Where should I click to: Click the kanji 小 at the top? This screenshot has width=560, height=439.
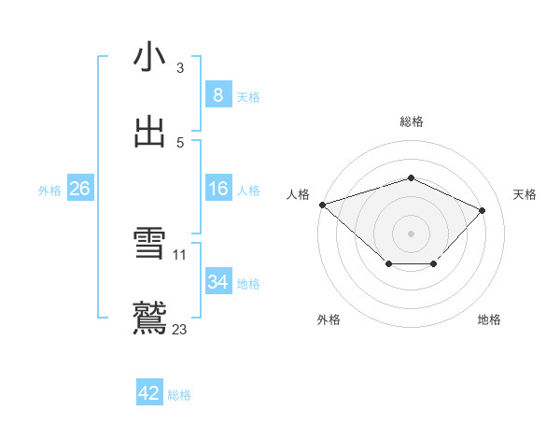[149, 57]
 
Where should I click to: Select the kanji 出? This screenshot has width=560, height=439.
[149, 132]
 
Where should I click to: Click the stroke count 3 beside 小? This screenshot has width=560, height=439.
[180, 68]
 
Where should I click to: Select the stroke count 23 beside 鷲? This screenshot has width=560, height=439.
[180, 330]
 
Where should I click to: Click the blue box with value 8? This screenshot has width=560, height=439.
[217, 95]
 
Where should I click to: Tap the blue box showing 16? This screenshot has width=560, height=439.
[217, 189]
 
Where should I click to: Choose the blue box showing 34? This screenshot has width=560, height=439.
[217, 282]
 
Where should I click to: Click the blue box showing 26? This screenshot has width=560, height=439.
[79, 189]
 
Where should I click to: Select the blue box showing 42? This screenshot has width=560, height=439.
[149, 394]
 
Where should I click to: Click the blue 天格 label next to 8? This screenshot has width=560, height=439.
[248, 97]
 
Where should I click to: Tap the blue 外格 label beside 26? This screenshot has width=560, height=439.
[49, 191]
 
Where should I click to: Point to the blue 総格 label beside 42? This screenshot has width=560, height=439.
[179, 396]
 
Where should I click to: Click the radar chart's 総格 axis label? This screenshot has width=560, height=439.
[412, 121]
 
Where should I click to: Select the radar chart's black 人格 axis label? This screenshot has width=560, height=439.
[299, 194]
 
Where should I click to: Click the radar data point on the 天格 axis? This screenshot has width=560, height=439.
[483, 210]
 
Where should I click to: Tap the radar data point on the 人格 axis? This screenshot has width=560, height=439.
[322, 205]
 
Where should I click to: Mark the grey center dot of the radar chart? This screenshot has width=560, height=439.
[412, 233]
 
